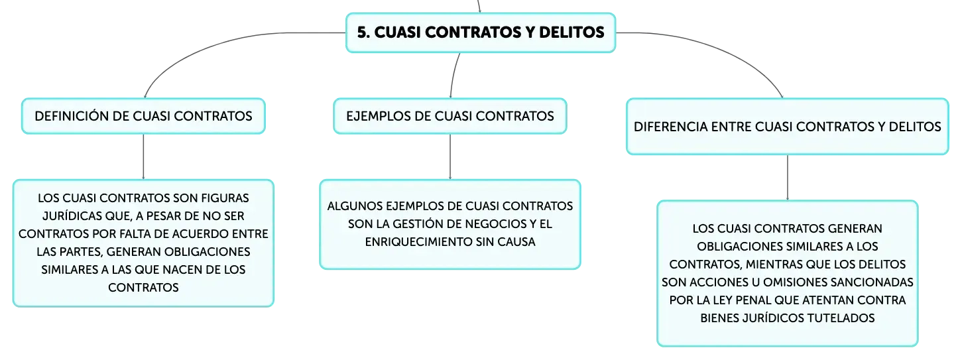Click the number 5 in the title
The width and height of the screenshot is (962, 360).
pyautogui.click(x=363, y=32)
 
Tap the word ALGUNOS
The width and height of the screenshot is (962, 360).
pyautogui.click(x=355, y=206)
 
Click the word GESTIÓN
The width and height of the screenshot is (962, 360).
pyautogui.click(x=419, y=224)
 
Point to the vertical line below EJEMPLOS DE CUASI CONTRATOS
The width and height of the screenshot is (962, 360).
pyautogui.click(x=450, y=157)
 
